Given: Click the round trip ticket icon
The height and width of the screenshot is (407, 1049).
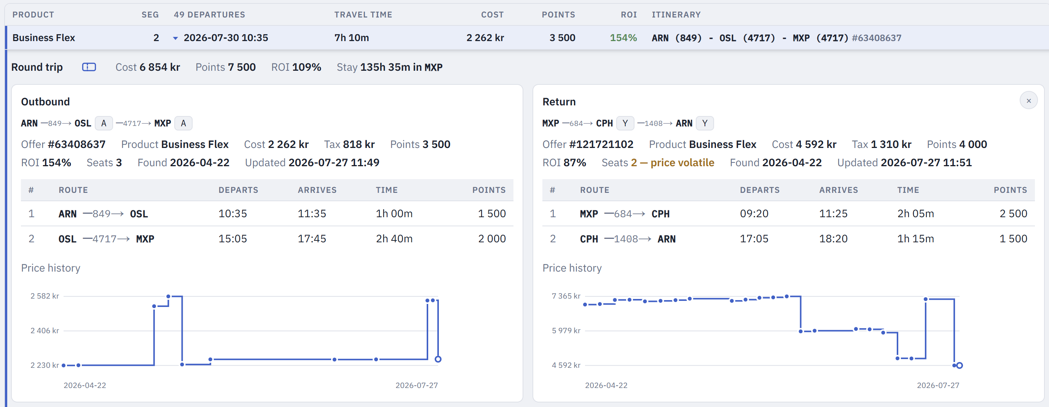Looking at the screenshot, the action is pyautogui.click(x=89, y=67).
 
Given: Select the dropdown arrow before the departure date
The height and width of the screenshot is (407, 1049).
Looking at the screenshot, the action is pyautogui.click(x=175, y=38).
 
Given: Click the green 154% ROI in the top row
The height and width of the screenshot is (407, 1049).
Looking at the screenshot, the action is pyautogui.click(x=623, y=38).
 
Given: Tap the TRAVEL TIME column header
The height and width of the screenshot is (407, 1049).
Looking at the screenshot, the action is pyautogui.click(x=363, y=15).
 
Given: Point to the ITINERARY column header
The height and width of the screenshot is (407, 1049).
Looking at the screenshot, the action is pyautogui.click(x=676, y=15).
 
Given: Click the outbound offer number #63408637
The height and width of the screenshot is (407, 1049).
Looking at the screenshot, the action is pyautogui.click(x=77, y=145).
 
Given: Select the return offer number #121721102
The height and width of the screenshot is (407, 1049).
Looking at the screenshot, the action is pyautogui.click(x=601, y=145).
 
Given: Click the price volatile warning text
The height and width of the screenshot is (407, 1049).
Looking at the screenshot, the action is pyautogui.click(x=682, y=163).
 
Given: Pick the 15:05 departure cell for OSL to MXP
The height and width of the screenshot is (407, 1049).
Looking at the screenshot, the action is pyautogui.click(x=233, y=239).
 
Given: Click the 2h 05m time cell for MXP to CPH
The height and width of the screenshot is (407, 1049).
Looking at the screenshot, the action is pyautogui.click(x=915, y=214).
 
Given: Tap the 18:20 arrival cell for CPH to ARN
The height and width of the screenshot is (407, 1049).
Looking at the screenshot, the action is pyautogui.click(x=833, y=239).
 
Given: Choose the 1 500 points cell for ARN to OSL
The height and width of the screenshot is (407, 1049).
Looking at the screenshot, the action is pyautogui.click(x=491, y=214).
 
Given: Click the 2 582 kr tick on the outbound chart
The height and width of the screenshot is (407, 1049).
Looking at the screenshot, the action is pyautogui.click(x=45, y=296).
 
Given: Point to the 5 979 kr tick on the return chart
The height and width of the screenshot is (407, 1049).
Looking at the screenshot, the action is pyautogui.click(x=566, y=331).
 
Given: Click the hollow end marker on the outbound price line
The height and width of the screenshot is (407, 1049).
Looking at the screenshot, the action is pyautogui.click(x=438, y=359).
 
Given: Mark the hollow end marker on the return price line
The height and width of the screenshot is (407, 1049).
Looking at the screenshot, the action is pyautogui.click(x=960, y=365).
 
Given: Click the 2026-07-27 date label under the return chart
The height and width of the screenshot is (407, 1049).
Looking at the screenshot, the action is pyautogui.click(x=938, y=385).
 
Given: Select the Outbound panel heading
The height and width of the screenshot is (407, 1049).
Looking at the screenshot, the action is pyautogui.click(x=45, y=102).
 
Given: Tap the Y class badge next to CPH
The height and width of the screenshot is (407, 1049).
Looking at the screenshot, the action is pyautogui.click(x=625, y=123).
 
